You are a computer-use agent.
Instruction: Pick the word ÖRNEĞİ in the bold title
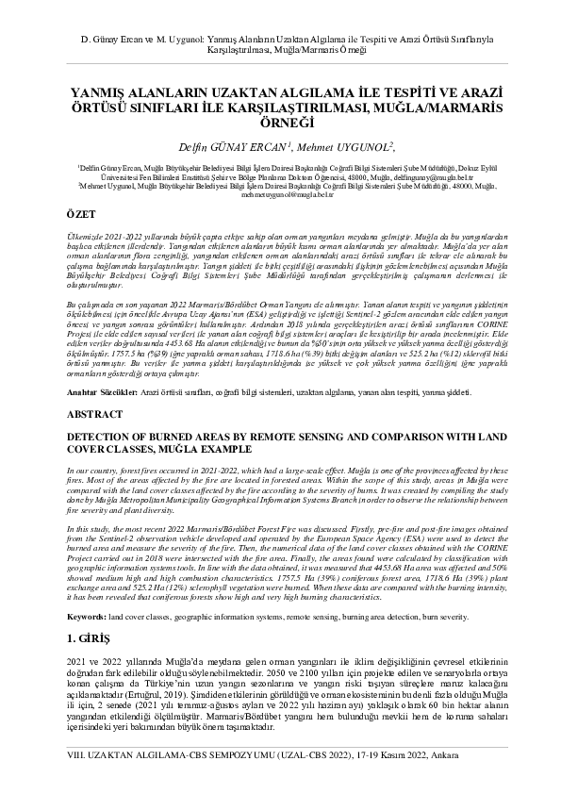[281, 123]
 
